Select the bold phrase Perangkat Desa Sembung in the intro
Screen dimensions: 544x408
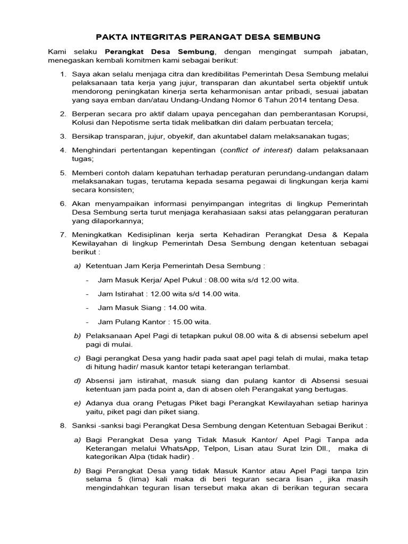160,52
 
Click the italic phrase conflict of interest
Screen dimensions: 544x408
257,150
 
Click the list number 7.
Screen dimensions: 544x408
62,235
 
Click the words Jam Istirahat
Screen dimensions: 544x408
117,294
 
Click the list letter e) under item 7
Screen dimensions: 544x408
77,403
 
